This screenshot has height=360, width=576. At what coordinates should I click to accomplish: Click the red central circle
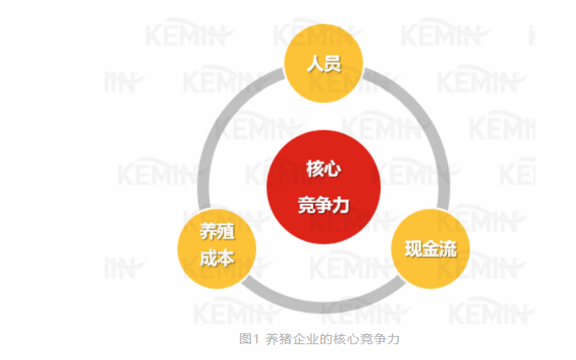(323, 187)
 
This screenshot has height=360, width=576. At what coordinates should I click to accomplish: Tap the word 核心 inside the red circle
(323, 169)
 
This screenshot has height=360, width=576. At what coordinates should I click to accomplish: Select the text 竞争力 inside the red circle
(323, 205)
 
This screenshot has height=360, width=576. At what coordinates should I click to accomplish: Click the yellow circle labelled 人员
(323, 63)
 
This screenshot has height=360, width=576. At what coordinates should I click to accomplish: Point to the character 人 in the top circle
(315, 63)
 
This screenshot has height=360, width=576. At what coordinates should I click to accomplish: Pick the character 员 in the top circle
(332, 63)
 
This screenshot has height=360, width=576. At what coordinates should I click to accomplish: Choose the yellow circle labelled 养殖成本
(217, 249)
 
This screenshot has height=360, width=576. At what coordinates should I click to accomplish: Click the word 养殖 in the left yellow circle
(217, 231)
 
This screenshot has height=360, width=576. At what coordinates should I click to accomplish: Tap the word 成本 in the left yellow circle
(217, 258)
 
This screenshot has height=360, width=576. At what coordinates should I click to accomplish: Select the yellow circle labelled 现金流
(431, 249)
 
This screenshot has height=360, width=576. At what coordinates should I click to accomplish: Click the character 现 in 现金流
(413, 249)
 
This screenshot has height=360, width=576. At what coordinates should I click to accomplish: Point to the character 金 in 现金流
(431, 249)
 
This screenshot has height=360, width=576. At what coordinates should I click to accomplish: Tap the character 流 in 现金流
(448, 249)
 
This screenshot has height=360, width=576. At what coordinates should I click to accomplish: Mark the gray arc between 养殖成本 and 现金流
(323, 307)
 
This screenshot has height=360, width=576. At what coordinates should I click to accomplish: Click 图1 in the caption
(249, 338)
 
